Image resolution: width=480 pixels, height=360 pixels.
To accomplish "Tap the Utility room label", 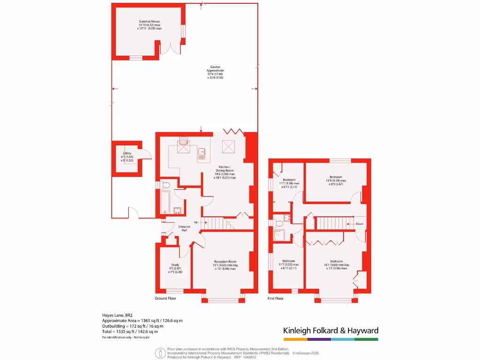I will coord(127,153).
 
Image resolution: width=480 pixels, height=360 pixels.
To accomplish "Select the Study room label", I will coord(175,265).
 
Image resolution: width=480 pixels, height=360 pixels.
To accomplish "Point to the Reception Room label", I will coord(225,262).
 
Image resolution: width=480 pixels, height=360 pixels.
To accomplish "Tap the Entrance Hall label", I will coord(184,228).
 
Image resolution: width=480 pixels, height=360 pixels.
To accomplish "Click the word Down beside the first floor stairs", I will coord(360,224).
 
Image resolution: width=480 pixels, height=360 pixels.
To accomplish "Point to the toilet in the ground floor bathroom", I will coord(164,185).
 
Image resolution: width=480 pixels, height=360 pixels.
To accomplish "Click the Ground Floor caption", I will coord(165,298).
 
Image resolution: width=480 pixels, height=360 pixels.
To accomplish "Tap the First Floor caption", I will coord(276,298).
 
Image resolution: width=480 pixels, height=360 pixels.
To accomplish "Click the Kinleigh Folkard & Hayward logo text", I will coord(330,330).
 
